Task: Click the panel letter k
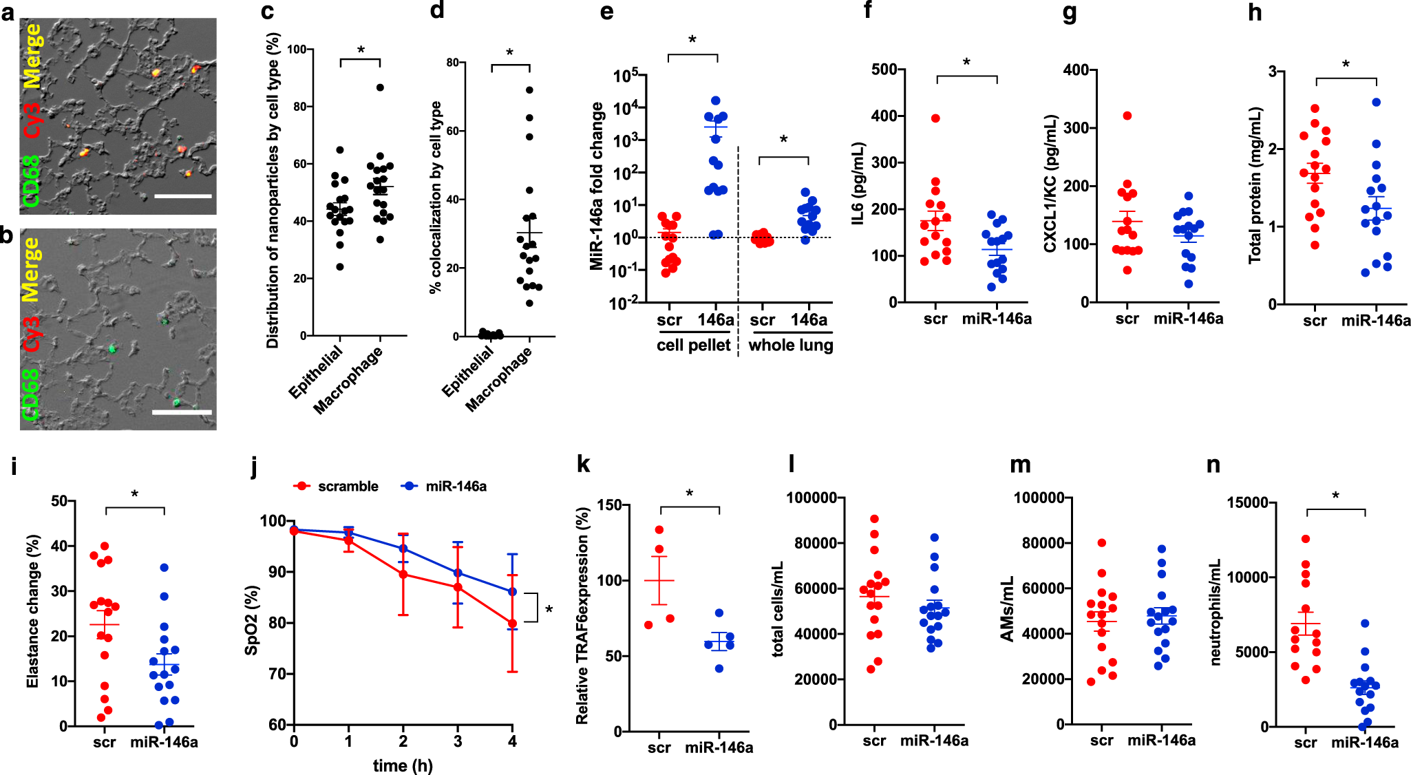tap(583, 465)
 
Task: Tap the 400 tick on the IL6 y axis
tap(884, 116)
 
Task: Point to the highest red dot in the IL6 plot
tap(935, 118)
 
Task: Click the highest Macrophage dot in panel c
tap(380, 87)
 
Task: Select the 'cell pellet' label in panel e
tap(693, 345)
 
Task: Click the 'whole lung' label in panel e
tap(791, 345)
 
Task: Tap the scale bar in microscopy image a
tap(182, 196)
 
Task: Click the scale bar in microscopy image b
tap(181, 412)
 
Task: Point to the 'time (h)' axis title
tap(403, 765)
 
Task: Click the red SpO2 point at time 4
tap(512, 624)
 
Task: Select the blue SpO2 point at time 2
tap(403, 549)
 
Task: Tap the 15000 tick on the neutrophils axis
tap(1248, 502)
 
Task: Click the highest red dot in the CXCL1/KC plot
tap(1127, 116)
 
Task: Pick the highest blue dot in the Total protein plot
tap(1377, 103)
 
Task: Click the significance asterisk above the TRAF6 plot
tap(690, 493)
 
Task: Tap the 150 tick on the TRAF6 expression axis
tap(609, 505)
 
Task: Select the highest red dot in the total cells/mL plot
tap(874, 519)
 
